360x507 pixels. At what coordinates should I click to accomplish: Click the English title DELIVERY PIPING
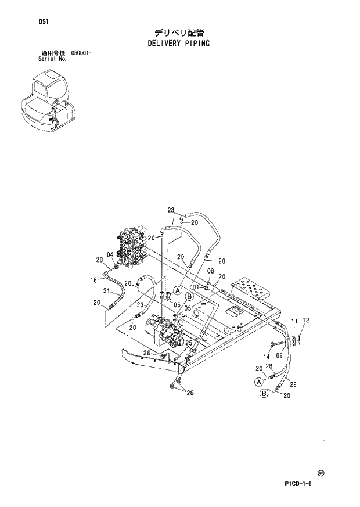coord(179,43)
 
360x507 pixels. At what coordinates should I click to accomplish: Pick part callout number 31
coord(106,290)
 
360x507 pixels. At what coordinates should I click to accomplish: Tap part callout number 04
coord(110,254)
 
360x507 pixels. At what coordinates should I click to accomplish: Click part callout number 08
coord(210,271)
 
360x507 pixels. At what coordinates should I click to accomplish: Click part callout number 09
coord(279,356)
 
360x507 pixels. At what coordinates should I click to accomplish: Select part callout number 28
coord(268,366)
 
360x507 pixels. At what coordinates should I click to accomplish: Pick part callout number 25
coord(188,343)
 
